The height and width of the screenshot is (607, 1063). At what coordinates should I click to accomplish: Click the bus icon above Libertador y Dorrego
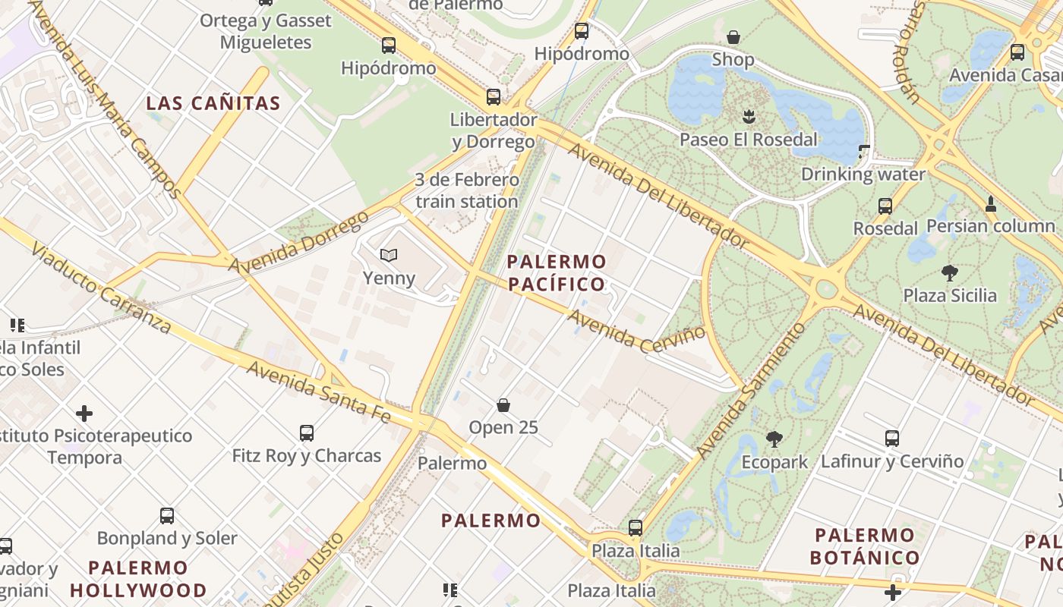click(x=494, y=96)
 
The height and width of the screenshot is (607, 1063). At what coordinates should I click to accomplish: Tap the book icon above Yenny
click(x=389, y=256)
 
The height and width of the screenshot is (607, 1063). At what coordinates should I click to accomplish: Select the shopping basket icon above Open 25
click(x=503, y=405)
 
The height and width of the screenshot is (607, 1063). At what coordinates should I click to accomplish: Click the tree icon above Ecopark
click(x=774, y=439)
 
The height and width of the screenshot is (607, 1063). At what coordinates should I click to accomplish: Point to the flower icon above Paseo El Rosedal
click(x=749, y=116)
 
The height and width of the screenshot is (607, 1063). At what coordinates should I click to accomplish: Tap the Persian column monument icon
click(x=990, y=203)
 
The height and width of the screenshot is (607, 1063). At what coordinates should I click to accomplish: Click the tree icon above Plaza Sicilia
click(x=949, y=272)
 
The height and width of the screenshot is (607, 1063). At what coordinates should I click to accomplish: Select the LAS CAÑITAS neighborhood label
click(x=213, y=103)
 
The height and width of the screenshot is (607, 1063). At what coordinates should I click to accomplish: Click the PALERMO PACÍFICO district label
click(x=557, y=273)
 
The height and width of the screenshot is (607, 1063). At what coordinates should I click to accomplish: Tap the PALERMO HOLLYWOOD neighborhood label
click(x=138, y=579)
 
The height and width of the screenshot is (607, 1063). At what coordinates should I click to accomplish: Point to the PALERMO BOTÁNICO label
click(x=864, y=546)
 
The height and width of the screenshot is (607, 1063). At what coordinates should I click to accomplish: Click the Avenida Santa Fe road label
click(x=319, y=392)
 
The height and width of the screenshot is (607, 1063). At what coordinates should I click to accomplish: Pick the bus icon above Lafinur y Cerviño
click(x=892, y=438)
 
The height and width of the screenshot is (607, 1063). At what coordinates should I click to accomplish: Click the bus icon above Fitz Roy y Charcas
click(x=307, y=432)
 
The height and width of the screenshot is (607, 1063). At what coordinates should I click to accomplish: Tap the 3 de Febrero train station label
click(x=467, y=190)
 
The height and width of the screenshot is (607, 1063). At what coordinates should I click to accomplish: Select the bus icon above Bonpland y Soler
click(x=167, y=516)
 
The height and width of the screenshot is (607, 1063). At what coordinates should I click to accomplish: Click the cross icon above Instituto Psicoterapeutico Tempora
click(x=84, y=414)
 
